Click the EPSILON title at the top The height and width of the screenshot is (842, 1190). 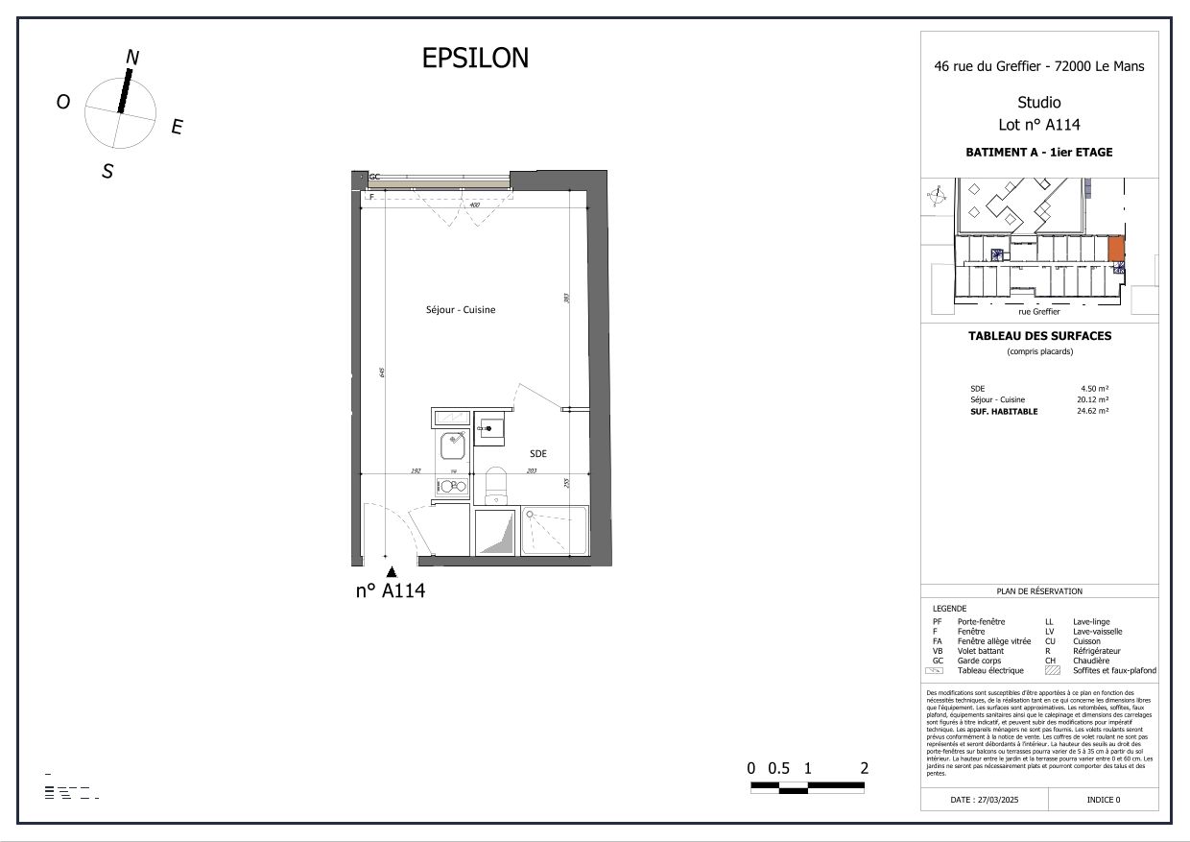click(x=475, y=59)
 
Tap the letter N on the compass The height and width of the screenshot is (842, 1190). click(x=132, y=58)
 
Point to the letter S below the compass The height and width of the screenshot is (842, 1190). click(x=107, y=173)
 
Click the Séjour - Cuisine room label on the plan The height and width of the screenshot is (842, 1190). click(x=461, y=310)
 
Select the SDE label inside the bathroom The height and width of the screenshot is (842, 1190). click(x=538, y=454)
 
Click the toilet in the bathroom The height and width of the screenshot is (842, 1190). click(x=496, y=485)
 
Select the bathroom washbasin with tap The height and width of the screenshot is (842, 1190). click(x=491, y=428)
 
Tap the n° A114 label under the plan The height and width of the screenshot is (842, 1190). click(x=390, y=591)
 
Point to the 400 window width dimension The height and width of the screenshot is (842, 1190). click(x=473, y=205)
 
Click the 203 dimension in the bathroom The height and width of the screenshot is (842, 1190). click(x=531, y=471)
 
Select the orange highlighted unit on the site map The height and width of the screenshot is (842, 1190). click(x=1116, y=250)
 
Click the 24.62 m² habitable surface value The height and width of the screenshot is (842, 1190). click(x=1092, y=411)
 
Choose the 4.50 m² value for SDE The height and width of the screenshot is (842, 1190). click(x=1094, y=389)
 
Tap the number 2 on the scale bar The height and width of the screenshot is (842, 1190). click(x=865, y=768)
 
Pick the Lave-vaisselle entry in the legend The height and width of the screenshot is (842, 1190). click(x=1097, y=632)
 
